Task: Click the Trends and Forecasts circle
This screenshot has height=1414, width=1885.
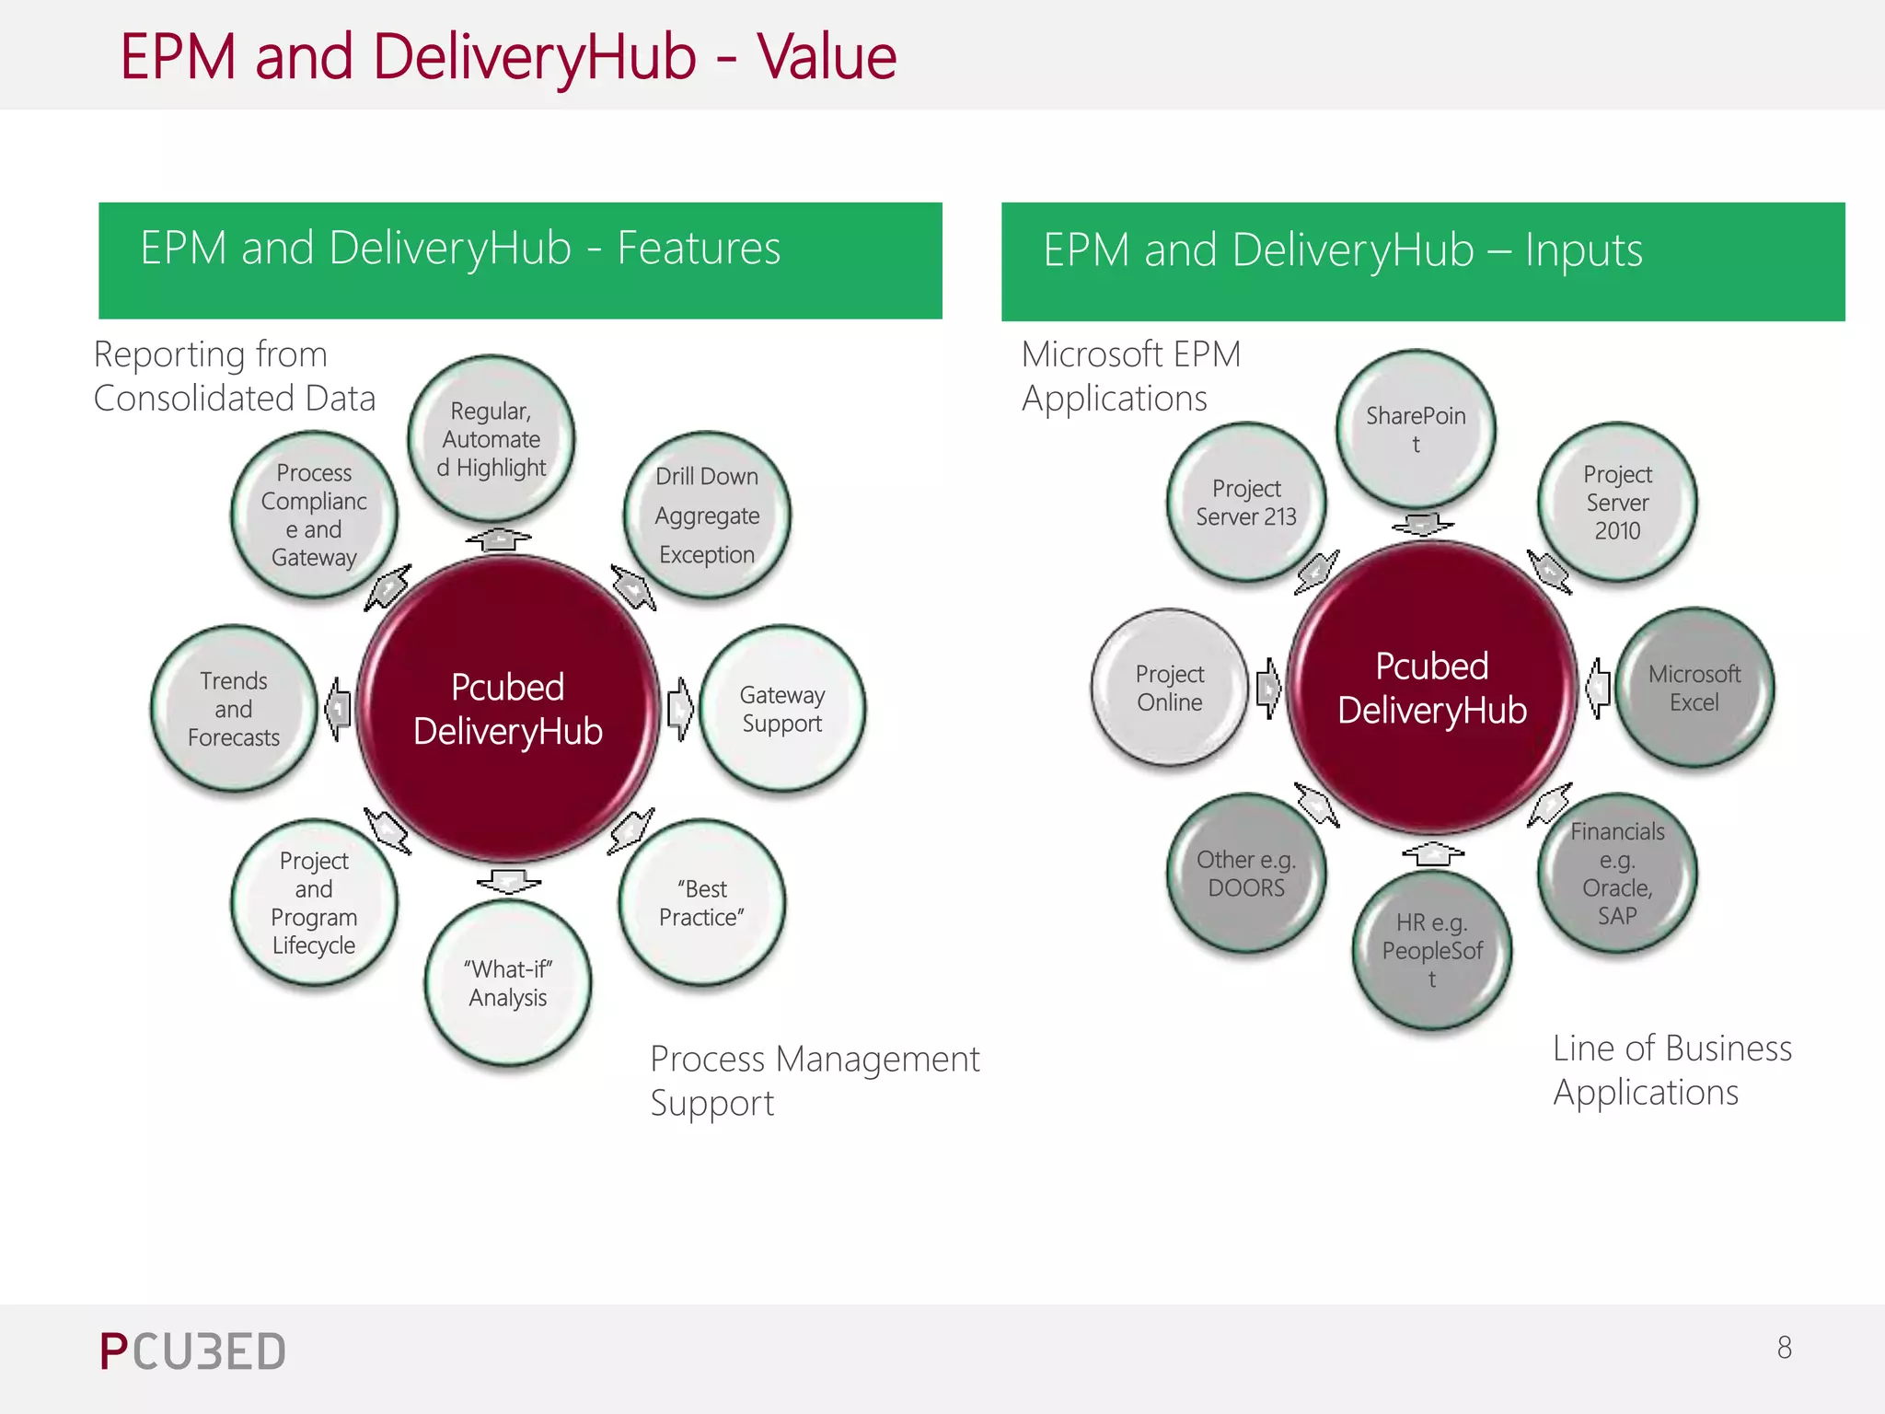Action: [x=234, y=709]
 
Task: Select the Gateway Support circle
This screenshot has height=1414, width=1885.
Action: [x=782, y=709]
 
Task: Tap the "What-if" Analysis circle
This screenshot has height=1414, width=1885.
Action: [x=508, y=983]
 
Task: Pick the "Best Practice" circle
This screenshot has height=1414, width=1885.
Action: [x=702, y=902]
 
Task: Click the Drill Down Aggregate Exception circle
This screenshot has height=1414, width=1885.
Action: [x=707, y=516]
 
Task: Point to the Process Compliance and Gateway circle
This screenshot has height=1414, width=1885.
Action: [x=314, y=516]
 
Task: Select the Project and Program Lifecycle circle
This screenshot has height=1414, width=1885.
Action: [x=314, y=902]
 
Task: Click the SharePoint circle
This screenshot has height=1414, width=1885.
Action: [x=1416, y=429]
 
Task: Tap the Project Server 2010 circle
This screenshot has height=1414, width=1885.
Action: [x=1617, y=503]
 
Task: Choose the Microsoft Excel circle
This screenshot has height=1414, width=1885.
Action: [x=1694, y=688]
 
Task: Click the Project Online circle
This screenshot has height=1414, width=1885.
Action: [x=1170, y=688]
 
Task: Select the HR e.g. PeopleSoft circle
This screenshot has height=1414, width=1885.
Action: [x=1432, y=950]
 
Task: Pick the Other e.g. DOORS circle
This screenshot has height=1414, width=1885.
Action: [x=1246, y=873]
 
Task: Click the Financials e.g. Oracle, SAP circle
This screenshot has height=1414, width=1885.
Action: [x=1617, y=873]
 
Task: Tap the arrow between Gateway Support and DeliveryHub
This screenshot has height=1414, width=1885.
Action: [x=680, y=709]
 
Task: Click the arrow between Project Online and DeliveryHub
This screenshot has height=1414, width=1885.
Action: [x=1268, y=688]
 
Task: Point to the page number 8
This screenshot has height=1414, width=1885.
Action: [x=1784, y=1348]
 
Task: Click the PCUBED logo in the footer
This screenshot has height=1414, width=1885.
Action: [x=192, y=1351]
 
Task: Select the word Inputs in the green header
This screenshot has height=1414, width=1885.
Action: [x=1583, y=250]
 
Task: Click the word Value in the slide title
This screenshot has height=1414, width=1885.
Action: [x=827, y=57]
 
